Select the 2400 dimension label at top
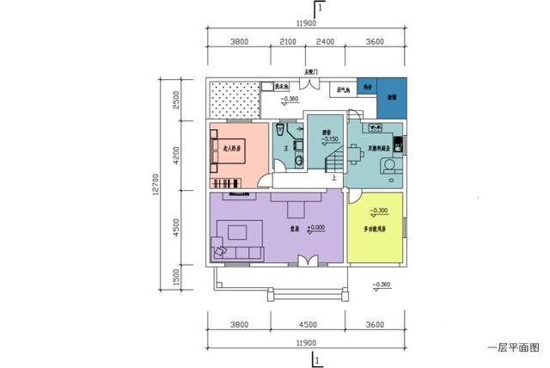[325, 41]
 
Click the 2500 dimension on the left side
[175, 100]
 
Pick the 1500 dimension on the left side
[175, 277]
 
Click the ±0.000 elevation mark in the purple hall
[314, 228]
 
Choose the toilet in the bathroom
[280, 131]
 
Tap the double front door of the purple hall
[305, 260]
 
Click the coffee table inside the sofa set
[238, 231]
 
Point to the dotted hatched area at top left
[233, 99]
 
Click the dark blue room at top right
[392, 98]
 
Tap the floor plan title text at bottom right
[512, 348]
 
